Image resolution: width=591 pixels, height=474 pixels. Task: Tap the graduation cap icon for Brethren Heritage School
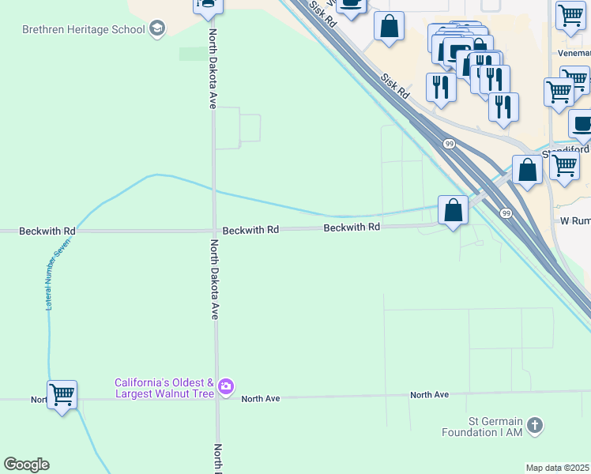[x=157, y=29]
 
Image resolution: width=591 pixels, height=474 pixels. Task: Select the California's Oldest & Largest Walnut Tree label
[x=164, y=387]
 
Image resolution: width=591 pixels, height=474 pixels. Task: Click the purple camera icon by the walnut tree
[x=227, y=386]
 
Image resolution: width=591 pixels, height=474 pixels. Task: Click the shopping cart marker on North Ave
[x=62, y=393]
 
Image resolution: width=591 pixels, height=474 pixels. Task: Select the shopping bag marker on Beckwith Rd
[x=453, y=210]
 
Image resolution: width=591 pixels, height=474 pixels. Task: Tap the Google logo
[x=26, y=465]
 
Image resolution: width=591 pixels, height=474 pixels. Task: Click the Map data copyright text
[x=558, y=468]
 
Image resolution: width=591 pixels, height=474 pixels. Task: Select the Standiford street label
[x=566, y=151]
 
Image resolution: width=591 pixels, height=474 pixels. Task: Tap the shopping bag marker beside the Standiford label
[x=527, y=170]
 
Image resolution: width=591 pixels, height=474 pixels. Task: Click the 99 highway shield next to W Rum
[x=506, y=213]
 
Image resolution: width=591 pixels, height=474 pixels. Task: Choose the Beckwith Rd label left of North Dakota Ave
[x=47, y=231]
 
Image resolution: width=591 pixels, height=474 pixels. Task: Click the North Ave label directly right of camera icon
[x=261, y=399]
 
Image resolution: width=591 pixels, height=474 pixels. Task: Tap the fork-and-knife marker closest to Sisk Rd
[x=440, y=86]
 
